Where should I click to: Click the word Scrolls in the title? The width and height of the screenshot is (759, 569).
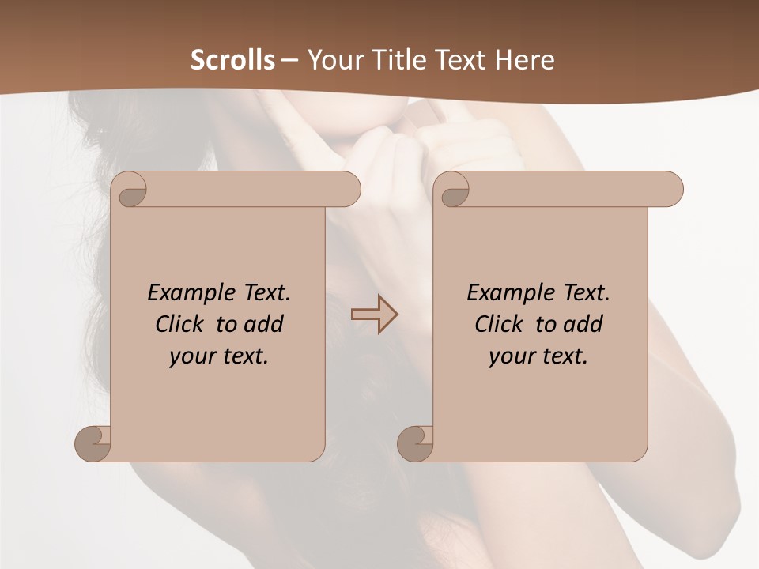(233, 59)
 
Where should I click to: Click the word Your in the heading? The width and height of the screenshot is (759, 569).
(331, 59)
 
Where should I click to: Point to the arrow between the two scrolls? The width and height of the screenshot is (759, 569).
(375, 315)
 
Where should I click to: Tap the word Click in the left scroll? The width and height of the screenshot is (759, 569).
(183, 324)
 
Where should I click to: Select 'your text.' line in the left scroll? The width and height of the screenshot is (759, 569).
(219, 356)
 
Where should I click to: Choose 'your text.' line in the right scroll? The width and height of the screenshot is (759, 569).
(538, 356)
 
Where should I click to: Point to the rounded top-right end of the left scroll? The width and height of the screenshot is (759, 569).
(348, 189)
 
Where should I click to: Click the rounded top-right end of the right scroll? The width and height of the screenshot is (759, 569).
(670, 189)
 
